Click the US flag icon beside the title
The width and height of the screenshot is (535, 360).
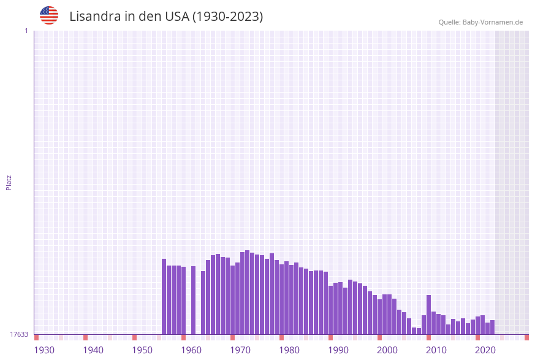[x=49, y=15]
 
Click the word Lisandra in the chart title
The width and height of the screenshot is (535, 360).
[x=95, y=17]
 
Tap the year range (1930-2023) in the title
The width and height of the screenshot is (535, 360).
[x=227, y=17]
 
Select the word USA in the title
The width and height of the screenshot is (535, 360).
[x=177, y=17]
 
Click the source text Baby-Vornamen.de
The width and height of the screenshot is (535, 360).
[x=493, y=22]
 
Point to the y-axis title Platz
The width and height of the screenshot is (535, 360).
[x=9, y=182]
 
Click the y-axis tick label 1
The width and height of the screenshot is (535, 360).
[x=26, y=31]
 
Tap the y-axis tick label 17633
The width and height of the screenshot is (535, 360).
[x=18, y=334]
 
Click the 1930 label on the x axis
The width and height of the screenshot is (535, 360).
[x=44, y=350]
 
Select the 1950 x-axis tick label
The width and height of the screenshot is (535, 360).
[x=142, y=350]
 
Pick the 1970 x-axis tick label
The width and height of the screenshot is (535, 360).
[x=240, y=350]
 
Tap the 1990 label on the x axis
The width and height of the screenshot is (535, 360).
[x=338, y=350]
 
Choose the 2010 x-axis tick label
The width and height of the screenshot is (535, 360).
[x=436, y=350]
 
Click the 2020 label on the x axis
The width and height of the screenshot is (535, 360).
[x=485, y=350]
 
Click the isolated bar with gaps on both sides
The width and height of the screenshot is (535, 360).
[x=193, y=300]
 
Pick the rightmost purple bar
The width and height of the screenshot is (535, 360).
[x=492, y=327]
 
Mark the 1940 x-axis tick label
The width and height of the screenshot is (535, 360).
[x=93, y=350]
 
